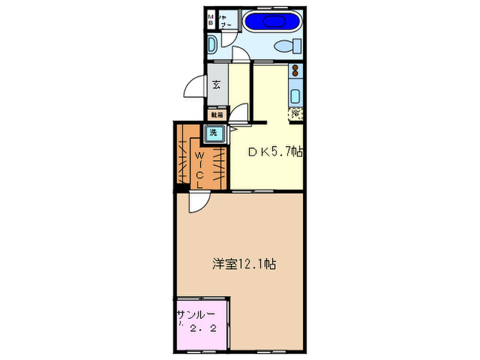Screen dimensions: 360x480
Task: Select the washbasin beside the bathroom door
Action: click(212, 47)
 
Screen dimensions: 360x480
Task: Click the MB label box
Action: click(211, 20)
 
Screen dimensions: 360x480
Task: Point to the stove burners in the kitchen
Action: click(296, 71)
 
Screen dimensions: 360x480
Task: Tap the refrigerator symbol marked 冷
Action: click(296, 113)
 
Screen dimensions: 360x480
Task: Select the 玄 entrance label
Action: click(216, 86)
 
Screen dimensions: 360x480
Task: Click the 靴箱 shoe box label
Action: click(217, 115)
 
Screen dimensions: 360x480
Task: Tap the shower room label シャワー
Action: click(228, 20)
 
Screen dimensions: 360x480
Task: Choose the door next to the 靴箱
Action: click(240, 114)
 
